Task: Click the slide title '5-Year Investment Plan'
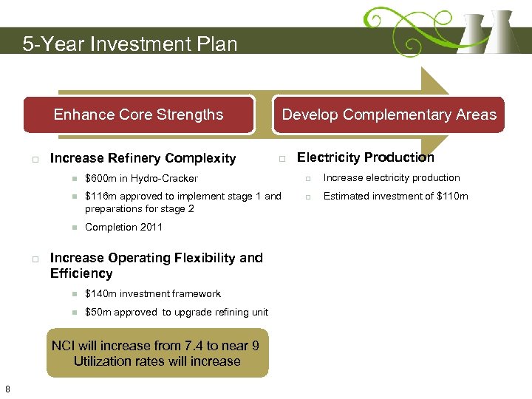coord(130,44)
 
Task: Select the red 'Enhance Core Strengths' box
coord(138,115)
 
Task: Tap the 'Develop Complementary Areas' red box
coord(389,115)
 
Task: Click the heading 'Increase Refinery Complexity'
coord(143,158)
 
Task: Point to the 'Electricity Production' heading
coord(365,157)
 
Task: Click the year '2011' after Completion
coord(150,228)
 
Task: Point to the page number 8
coord(7,389)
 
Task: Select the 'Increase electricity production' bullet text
coord(391,178)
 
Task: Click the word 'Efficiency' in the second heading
coord(81,273)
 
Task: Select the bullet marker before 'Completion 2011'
coord(75,228)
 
